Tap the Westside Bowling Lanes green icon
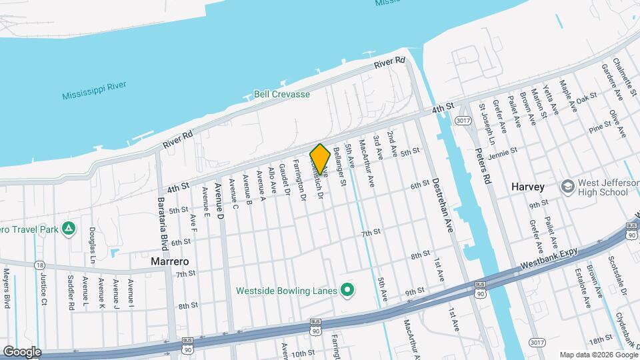347,290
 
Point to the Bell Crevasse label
282,94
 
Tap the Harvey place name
528,187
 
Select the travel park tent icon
68,229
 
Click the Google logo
22,352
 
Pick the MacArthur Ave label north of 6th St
367,162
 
